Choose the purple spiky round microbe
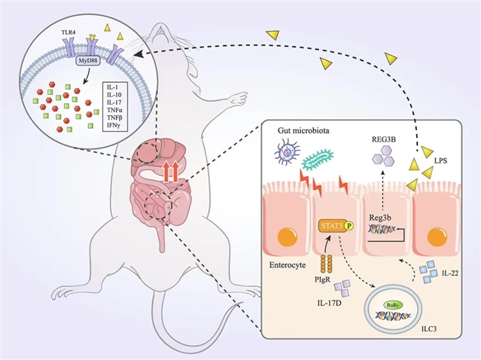pyautogui.click(x=288, y=157)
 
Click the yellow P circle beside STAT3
pyautogui.click(x=349, y=224)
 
